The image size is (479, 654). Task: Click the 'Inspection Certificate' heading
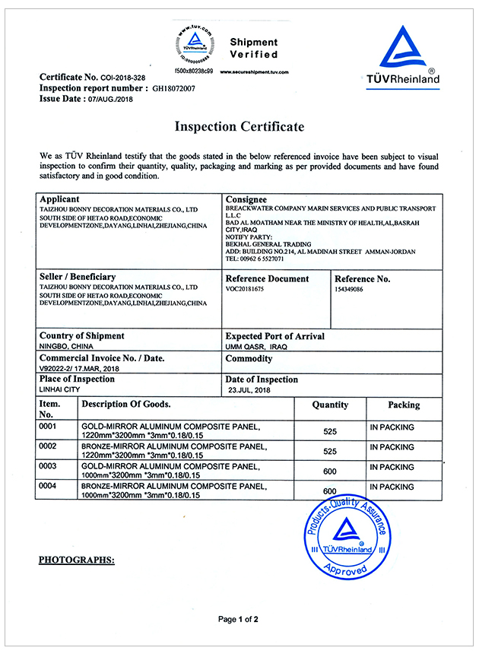tap(239, 126)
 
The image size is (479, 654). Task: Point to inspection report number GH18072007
tap(174, 89)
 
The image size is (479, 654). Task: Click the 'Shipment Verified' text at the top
tap(254, 48)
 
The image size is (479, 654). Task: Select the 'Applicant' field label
tap(59, 199)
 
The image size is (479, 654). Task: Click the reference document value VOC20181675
tap(245, 290)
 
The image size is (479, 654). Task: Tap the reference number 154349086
tap(349, 290)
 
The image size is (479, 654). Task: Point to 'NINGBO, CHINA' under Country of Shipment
tap(66, 347)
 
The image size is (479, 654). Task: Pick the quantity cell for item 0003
tap(330, 471)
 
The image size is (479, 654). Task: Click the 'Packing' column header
tap(404, 405)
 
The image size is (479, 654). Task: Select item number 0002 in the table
tap(49, 446)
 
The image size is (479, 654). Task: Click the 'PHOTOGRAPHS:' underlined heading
tap(76, 560)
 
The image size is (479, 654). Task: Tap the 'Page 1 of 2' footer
tap(239, 620)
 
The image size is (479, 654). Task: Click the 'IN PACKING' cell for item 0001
tap(392, 427)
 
